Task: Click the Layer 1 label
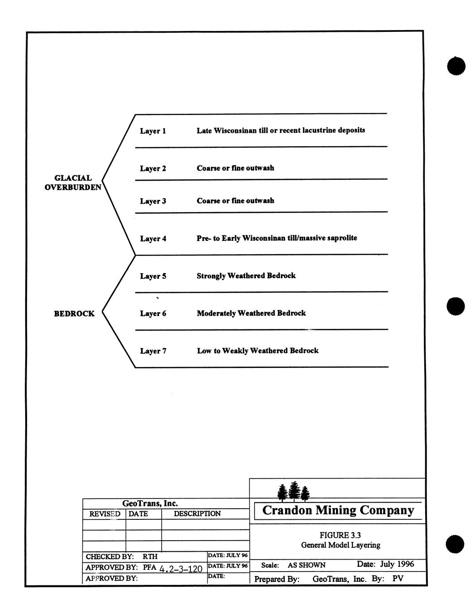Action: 153,131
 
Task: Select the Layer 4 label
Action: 153,239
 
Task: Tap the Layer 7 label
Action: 153,351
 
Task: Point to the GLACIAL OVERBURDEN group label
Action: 73,182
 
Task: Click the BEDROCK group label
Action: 74,314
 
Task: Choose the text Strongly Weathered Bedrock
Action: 246,276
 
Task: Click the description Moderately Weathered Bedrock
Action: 251,313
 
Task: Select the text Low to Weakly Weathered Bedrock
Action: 257,351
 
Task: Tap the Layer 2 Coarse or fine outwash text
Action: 235,168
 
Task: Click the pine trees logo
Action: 293,491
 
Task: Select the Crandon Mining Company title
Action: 338,510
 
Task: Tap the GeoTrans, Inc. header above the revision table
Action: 150,503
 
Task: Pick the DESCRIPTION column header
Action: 197,514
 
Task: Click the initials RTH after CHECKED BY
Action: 150,557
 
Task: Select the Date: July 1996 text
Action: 385,564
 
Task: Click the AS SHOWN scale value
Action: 306,565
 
